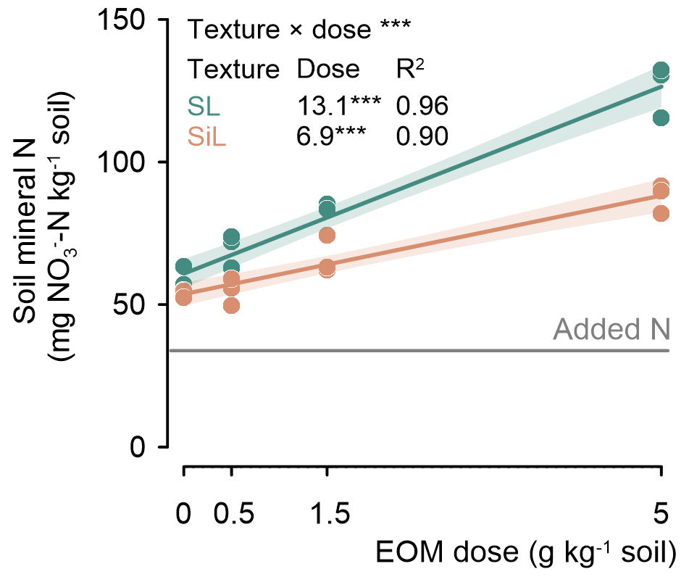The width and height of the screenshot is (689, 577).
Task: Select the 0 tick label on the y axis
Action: tap(149, 447)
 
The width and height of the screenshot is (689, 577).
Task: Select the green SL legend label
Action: tap(204, 107)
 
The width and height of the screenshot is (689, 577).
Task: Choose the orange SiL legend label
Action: tap(207, 136)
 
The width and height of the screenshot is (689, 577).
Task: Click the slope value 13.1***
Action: tap(338, 107)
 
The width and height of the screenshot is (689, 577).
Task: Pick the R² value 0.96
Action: tap(422, 107)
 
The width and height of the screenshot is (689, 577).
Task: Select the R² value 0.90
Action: tap(422, 136)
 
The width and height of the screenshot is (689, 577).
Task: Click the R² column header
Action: tap(409, 68)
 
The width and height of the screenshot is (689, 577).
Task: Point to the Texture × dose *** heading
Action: tap(299, 30)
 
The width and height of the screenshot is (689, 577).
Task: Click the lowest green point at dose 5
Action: tap(661, 117)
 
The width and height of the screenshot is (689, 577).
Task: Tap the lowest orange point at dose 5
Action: tap(661, 213)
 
